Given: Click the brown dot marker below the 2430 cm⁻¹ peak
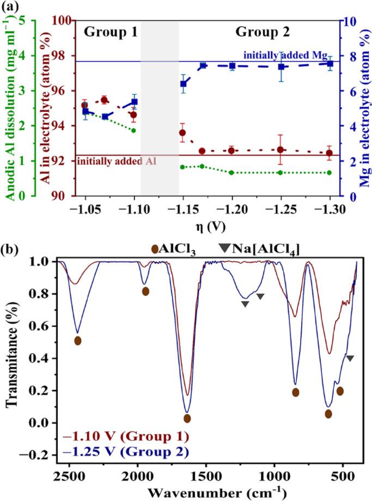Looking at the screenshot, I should tap(78, 340).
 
